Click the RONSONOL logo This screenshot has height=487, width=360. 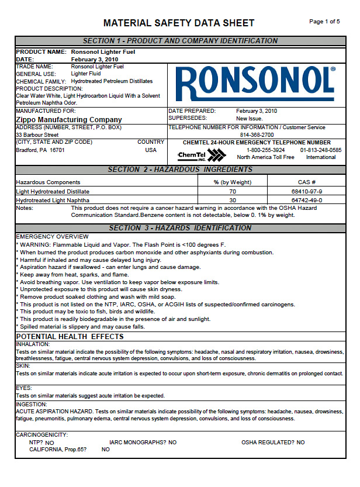(255, 83)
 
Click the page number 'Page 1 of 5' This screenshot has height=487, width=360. (324, 22)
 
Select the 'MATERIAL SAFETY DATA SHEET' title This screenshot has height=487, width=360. (179, 23)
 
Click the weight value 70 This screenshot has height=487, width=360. (232, 191)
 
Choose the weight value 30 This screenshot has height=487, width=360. (232, 200)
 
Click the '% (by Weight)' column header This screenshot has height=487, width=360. (232, 182)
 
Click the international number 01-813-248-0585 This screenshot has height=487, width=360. (321, 150)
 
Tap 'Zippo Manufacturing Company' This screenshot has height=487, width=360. (69, 119)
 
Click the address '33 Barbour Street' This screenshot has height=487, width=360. (37, 134)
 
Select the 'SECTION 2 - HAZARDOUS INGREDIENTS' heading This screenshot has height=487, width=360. (180, 170)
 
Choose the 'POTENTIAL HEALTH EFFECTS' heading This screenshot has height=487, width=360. (70, 337)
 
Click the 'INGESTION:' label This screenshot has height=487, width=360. (32, 404)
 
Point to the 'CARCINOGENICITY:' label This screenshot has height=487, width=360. (41, 434)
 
